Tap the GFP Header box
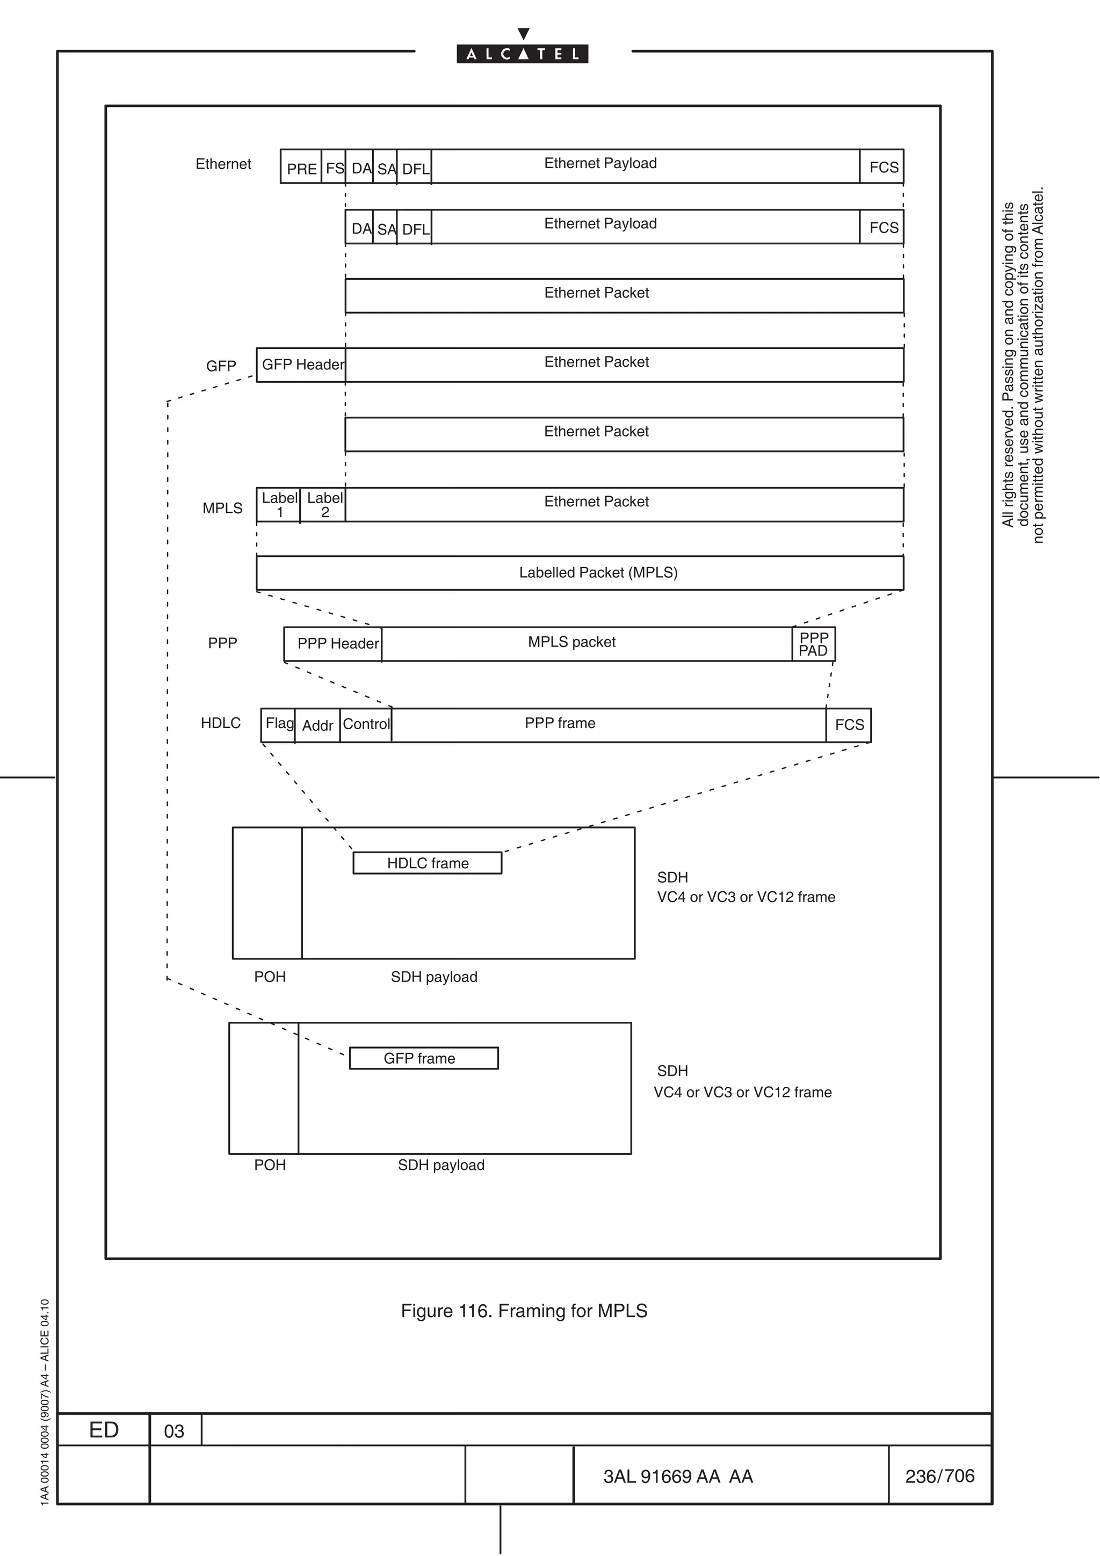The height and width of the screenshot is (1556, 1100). (302, 365)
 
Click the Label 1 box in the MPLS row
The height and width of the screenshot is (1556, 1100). (279, 505)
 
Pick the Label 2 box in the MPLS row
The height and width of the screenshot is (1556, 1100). (324, 505)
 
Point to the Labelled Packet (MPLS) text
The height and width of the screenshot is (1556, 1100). (598, 573)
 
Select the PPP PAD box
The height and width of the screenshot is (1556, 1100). (813, 644)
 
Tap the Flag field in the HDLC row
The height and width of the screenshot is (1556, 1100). (279, 724)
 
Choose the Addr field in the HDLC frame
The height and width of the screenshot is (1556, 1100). (317, 725)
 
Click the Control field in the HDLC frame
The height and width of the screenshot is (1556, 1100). (366, 724)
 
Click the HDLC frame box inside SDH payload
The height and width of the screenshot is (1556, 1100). (428, 863)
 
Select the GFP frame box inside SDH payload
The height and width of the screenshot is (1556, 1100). (424, 1058)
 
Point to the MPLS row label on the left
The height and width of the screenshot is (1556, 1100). (222, 507)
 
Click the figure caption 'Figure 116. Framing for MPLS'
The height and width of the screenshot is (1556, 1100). (524, 1311)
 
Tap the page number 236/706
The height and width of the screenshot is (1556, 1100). (939, 1476)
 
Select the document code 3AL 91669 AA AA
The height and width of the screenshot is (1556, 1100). (678, 1476)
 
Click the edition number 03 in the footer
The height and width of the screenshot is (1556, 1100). (174, 1430)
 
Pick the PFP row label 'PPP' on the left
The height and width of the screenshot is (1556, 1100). (222, 643)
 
